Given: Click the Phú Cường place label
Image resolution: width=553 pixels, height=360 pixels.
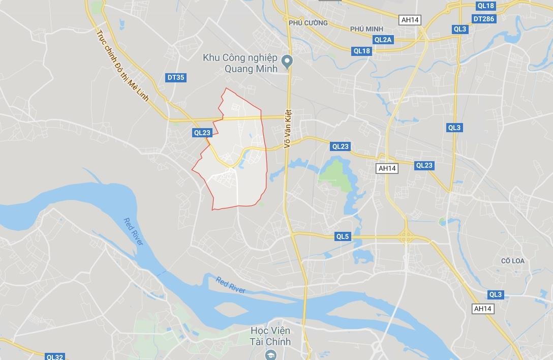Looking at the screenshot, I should tap(308, 23).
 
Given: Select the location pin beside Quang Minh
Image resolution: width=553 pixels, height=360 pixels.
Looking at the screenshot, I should tap(287, 62).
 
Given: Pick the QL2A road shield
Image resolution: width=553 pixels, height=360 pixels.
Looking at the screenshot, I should tap(383, 39).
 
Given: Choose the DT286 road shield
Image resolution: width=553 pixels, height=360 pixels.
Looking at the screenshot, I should tap(483, 19).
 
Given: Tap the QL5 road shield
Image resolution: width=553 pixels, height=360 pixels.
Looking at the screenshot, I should tap(343, 236).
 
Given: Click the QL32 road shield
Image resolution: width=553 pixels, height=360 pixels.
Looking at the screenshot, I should tap(54, 357).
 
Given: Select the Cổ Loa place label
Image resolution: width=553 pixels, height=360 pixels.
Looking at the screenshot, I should tap(512, 261).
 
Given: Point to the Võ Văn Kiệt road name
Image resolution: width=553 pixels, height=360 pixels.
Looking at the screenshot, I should tap(287, 130).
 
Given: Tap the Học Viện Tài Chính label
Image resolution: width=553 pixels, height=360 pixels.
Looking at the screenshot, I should tap(270, 336).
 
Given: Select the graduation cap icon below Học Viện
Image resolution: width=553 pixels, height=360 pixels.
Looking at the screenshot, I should tap(270, 354).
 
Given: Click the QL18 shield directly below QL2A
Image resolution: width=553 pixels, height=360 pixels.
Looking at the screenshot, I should tap(362, 50).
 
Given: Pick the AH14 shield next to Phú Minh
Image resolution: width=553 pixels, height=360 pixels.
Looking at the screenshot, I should tap(410, 20).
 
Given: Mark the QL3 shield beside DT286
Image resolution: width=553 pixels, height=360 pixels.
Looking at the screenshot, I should tap(460, 29).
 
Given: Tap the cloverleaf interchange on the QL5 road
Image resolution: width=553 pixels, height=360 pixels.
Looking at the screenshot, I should tap(407, 236).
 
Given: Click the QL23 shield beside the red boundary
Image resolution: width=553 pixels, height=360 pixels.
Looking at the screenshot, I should tap(202, 133).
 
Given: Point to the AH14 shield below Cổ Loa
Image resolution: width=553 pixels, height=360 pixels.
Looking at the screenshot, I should tap(482, 309).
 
